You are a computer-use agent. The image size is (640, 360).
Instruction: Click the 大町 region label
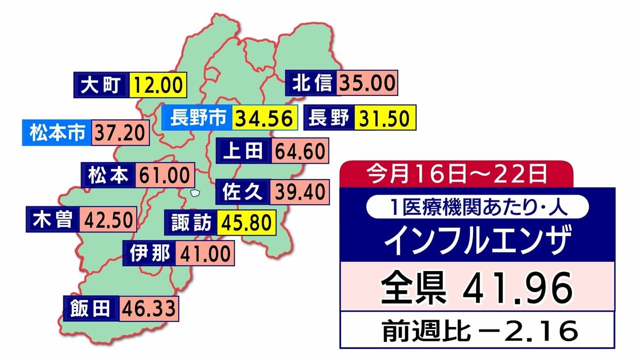[101, 85]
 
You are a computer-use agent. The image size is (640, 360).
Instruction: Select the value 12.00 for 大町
[158, 85]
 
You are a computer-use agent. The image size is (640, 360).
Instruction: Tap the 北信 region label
[313, 83]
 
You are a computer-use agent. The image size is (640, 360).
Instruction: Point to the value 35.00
[368, 83]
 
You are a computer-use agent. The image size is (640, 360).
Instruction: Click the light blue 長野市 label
[198, 118]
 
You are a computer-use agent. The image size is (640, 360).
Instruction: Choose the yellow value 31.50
[384, 118]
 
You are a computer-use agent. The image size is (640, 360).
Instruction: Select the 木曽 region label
[52, 219]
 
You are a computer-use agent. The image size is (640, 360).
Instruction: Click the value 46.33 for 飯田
[148, 308]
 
